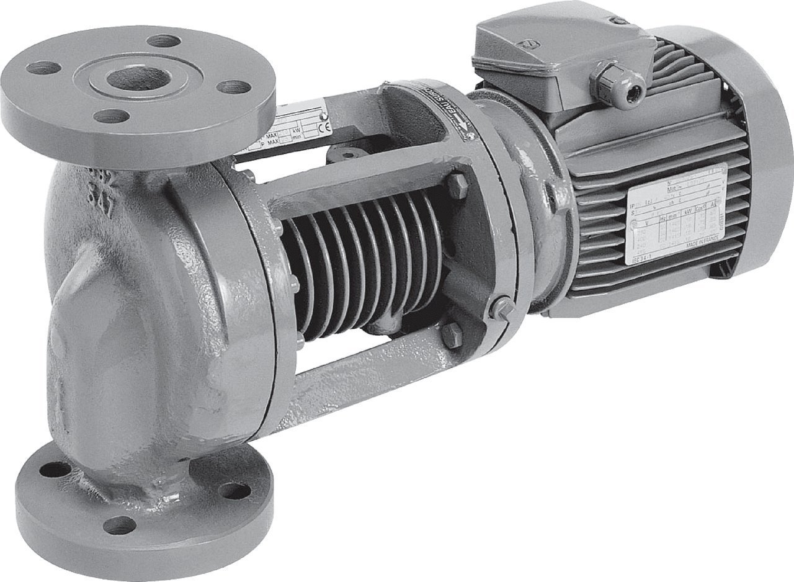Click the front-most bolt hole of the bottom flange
[119, 525]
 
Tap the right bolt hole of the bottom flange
[234, 490]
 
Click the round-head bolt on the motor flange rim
[501, 307]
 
